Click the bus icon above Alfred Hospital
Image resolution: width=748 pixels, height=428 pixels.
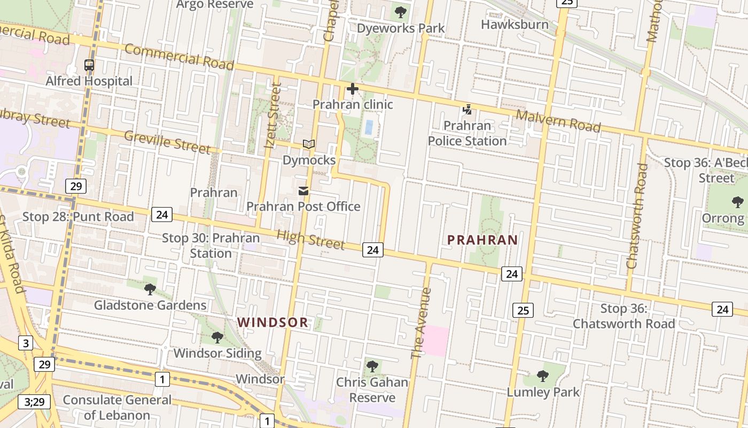click(89, 65)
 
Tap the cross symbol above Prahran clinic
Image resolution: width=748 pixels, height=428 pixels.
click(352, 89)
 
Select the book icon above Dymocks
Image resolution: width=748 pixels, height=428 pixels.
click(309, 144)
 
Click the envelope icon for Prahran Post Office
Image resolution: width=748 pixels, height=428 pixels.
click(303, 191)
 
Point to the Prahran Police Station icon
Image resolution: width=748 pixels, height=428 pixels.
click(467, 110)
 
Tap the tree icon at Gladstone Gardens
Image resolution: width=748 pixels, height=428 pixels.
click(150, 289)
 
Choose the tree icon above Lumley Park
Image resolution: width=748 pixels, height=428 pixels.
click(543, 376)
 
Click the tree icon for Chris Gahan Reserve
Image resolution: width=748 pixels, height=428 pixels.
click(372, 367)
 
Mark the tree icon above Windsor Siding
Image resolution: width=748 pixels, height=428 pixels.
click(217, 338)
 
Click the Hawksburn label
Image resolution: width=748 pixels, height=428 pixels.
click(515, 25)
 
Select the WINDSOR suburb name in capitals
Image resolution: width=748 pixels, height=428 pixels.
click(273, 323)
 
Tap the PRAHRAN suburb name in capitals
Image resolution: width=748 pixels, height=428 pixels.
click(483, 240)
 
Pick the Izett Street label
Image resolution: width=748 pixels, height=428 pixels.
click(272, 114)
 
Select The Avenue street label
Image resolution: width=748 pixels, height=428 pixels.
click(421, 323)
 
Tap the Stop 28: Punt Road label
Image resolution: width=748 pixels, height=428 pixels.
click(78, 217)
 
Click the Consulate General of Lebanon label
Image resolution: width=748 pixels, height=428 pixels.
click(117, 407)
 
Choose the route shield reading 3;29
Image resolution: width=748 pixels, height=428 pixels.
click(35, 401)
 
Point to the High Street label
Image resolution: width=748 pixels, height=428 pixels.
click(310, 239)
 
